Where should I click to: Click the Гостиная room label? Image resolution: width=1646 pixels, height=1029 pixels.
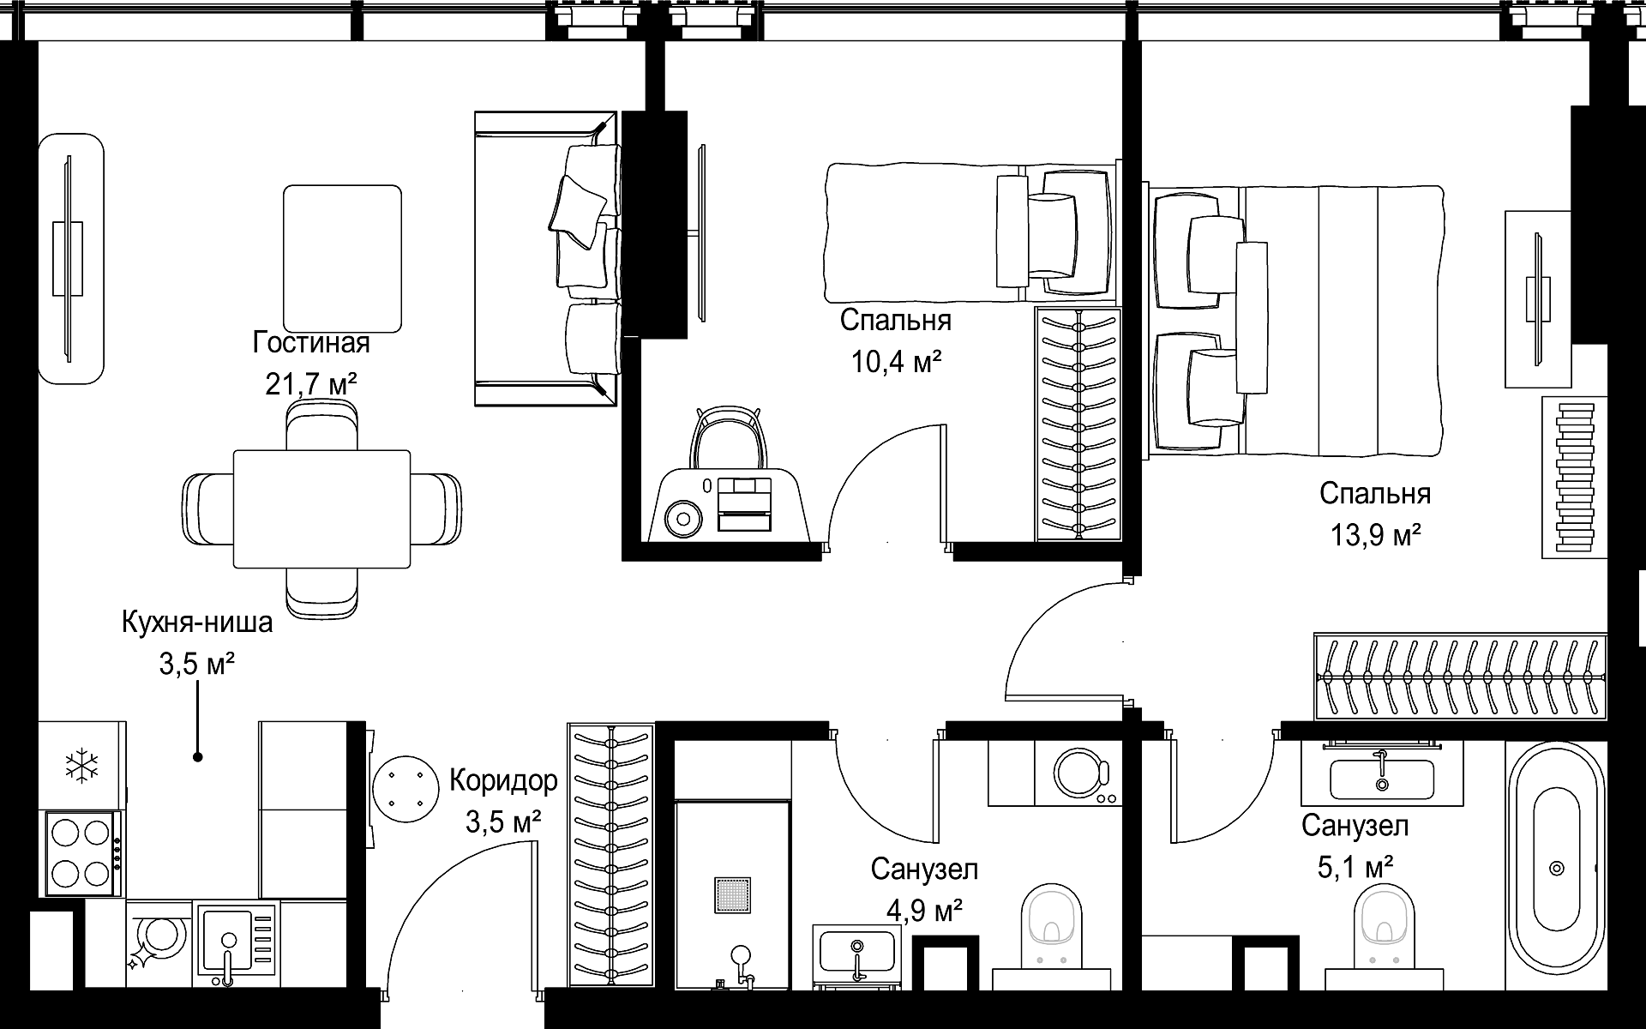311,343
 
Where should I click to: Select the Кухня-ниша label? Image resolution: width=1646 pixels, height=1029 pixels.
197,622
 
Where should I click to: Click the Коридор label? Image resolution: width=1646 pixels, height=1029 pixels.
503,781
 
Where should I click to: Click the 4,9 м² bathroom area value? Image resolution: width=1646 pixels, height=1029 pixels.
924,911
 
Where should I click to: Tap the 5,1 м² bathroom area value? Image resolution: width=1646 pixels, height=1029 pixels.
1355,867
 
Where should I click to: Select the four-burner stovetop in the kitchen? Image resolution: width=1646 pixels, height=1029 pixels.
81,852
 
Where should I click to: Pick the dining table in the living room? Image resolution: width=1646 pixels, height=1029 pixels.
321,509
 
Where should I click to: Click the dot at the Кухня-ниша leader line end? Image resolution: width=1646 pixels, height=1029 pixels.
198,757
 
